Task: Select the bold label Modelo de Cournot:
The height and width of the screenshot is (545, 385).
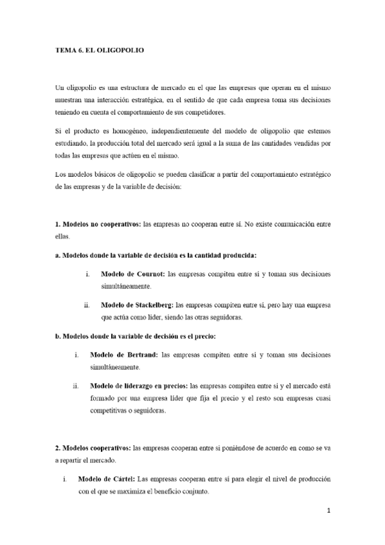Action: pyautogui.click(x=132, y=274)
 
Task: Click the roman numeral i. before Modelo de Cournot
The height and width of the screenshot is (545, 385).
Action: pyautogui.click(x=87, y=274)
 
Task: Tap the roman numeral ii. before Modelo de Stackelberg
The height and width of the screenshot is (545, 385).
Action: pyautogui.click(x=86, y=305)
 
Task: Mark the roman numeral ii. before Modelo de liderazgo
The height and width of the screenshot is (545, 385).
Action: pyautogui.click(x=75, y=386)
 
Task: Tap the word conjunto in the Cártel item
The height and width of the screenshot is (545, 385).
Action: pyautogui.click(x=194, y=492)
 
